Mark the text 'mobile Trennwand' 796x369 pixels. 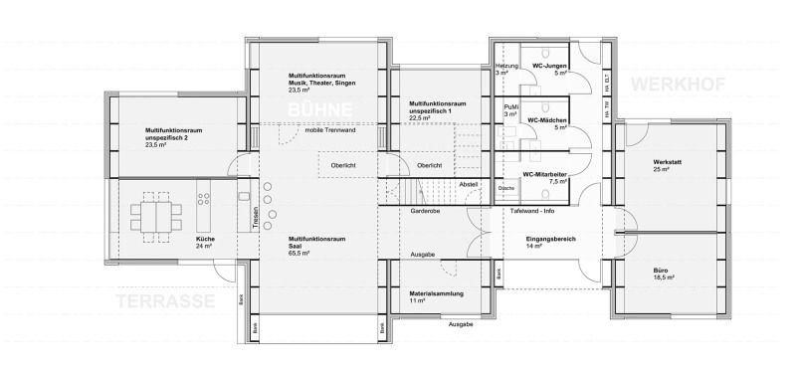pos(330,130)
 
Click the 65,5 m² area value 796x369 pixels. pos(298,255)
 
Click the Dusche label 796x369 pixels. pos(505,187)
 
